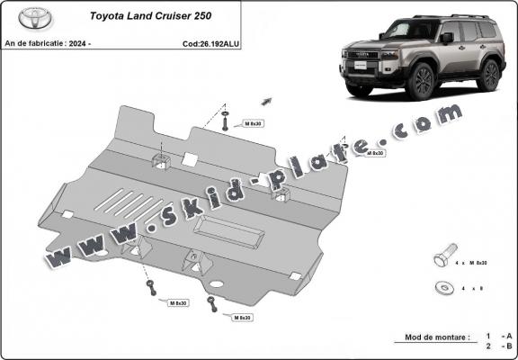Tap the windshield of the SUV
[x=404, y=32]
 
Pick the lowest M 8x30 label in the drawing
[x=240, y=319]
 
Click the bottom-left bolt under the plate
[x=152, y=290]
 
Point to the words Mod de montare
[x=431, y=337]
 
